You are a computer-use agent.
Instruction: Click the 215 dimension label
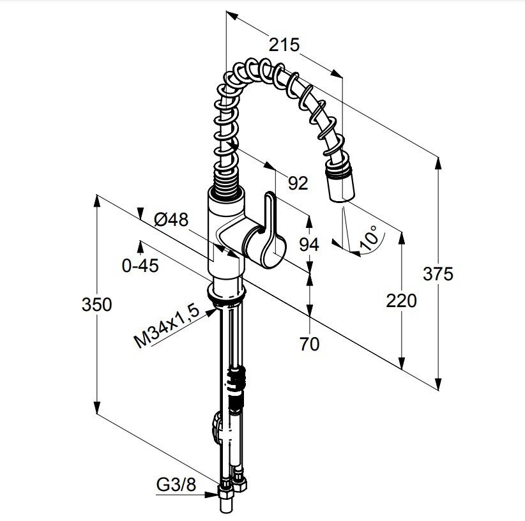pos(284,45)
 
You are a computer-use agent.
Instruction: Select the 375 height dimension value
pos(438,274)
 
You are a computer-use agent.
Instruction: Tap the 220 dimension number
pos(401,301)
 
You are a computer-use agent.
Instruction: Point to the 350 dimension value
pos(97,305)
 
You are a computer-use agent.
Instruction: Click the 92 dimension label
pos(298,183)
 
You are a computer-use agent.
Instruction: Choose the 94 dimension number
pos(309,245)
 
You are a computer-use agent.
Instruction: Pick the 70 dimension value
pos(309,344)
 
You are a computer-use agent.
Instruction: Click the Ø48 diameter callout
pos(171,220)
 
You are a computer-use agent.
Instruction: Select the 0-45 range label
pos(141,266)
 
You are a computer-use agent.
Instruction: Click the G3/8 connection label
pos(176,484)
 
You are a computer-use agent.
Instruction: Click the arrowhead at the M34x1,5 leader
pos(211,312)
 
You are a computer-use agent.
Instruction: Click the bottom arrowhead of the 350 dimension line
pos(97,407)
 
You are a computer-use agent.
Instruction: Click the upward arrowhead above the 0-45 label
pos(141,246)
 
